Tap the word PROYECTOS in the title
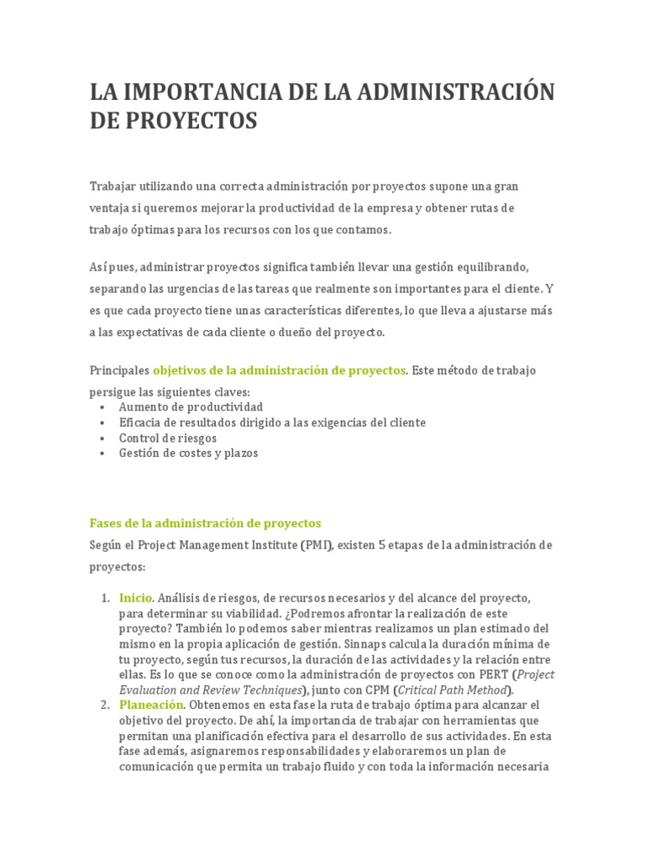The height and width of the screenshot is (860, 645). pos(192,120)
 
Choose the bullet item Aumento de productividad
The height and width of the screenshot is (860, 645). pos(191,406)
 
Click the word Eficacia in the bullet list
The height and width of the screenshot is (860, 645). pos(141,422)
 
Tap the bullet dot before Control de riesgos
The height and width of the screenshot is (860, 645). pos(102,438)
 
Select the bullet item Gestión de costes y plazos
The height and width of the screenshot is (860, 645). pos(188,454)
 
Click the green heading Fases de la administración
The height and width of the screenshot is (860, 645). pos(205,523)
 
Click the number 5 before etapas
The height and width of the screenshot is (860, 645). pos(382,545)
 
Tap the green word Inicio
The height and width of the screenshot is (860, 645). pos(135,598)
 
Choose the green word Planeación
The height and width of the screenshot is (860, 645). pos(150,705)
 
